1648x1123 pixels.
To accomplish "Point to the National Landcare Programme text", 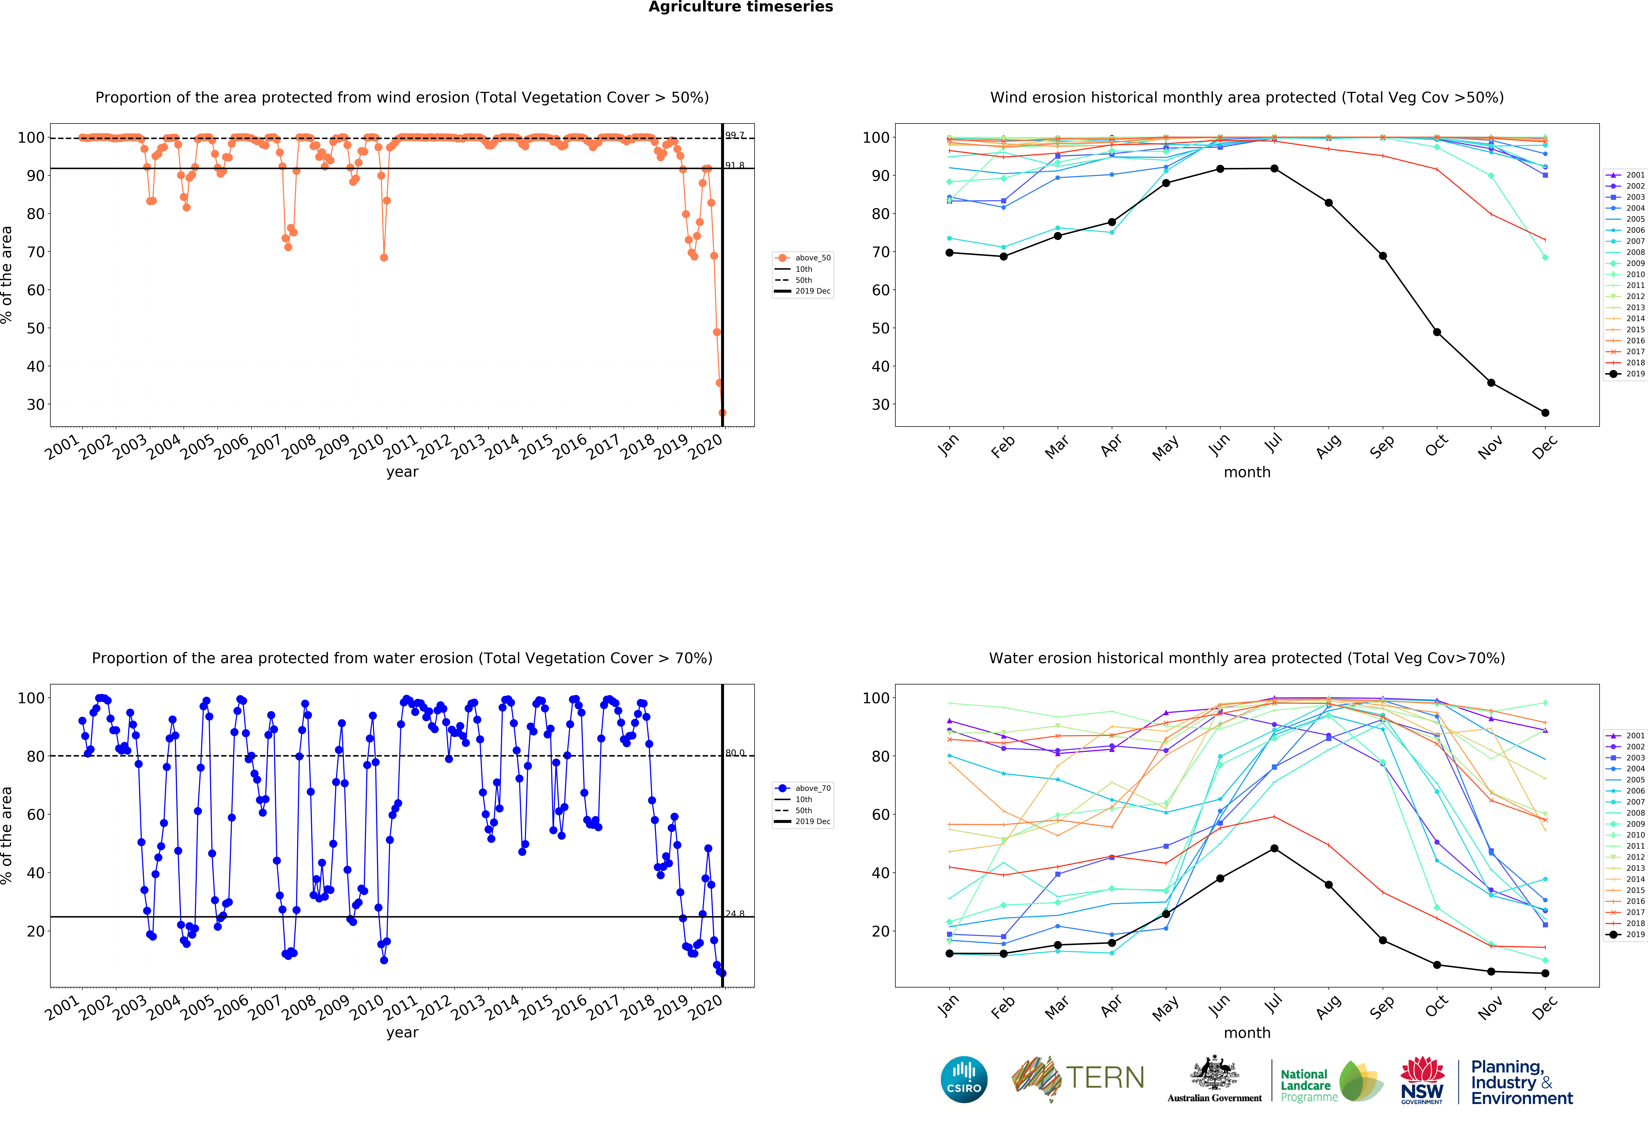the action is [1309, 1085].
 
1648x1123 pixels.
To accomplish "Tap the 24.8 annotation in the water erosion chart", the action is [735, 914].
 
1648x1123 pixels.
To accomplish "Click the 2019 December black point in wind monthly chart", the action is [1545, 413].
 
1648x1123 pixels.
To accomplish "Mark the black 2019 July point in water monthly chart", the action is [1274, 849].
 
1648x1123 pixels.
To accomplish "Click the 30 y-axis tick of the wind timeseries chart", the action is [36, 405].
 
